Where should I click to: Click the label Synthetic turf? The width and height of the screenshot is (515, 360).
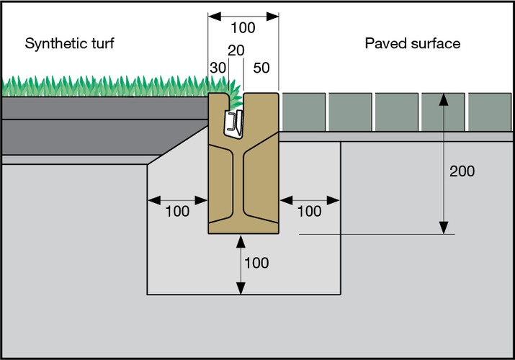tap(70, 43)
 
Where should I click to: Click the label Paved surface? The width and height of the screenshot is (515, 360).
tap(412, 43)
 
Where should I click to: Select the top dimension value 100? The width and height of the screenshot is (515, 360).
tap(243, 28)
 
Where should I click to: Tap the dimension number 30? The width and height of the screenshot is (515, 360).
tap(218, 67)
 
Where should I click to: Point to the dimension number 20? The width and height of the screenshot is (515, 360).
tap(236, 50)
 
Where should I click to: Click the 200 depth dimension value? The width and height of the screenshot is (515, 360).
tap(462, 171)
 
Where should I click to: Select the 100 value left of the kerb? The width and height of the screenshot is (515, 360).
tap(176, 211)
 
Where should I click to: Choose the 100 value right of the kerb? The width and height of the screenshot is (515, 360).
tap(309, 211)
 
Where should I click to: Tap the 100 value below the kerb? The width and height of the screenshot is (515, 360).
tap(256, 263)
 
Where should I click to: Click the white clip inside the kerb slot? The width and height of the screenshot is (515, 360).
tap(233, 123)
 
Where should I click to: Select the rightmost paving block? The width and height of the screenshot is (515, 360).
tap(489, 112)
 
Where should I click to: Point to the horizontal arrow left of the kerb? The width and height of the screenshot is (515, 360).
tap(176, 198)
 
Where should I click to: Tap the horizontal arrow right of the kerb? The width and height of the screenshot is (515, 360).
tap(309, 198)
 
